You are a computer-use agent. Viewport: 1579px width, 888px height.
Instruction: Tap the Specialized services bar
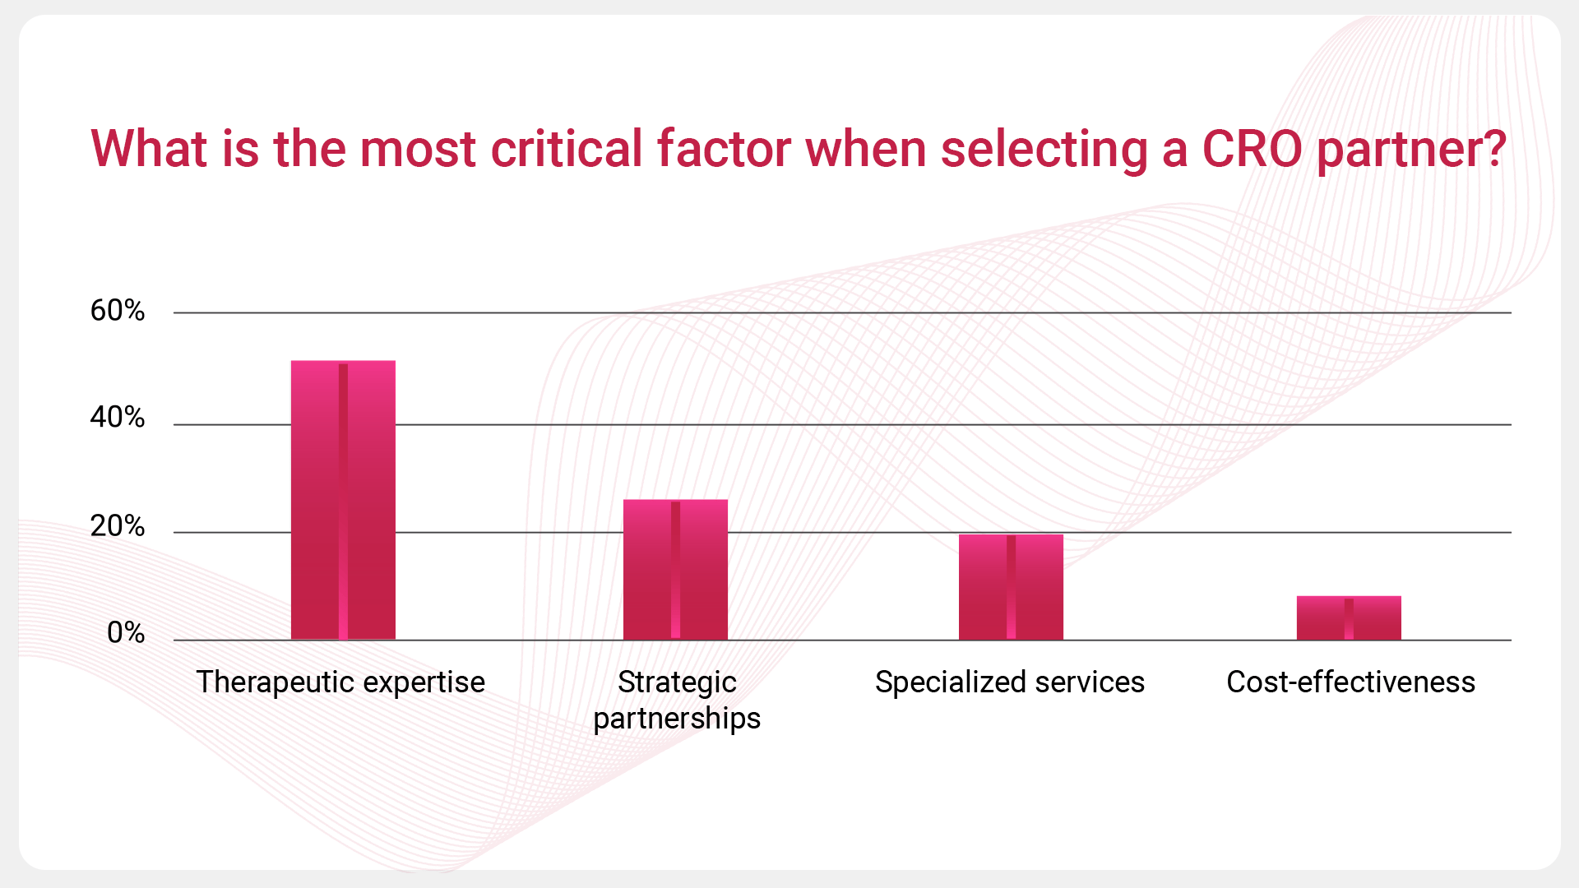pyautogui.click(x=1011, y=587)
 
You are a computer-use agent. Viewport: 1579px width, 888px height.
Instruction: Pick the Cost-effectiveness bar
pyautogui.click(x=1349, y=617)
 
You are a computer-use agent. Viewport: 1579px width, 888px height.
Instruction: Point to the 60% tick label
pyautogui.click(x=118, y=311)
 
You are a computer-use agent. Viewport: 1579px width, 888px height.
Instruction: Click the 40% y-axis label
pyautogui.click(x=118, y=418)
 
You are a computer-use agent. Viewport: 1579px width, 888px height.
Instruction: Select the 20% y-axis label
pyautogui.click(x=118, y=526)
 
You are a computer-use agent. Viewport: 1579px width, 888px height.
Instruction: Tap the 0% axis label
pyautogui.click(x=126, y=633)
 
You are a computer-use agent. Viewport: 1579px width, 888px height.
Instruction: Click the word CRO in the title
pyautogui.click(x=1252, y=150)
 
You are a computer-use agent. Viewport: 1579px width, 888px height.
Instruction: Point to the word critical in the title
pyautogui.click(x=567, y=150)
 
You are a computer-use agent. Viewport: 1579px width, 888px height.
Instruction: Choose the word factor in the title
pyautogui.click(x=724, y=150)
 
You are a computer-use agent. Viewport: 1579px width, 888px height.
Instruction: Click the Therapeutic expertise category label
pyautogui.click(x=340, y=682)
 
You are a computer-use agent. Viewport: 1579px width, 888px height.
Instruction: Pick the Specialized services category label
pyautogui.click(x=1010, y=682)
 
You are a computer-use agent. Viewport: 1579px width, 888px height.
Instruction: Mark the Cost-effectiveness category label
pyautogui.click(x=1350, y=682)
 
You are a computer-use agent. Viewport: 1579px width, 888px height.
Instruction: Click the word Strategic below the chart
pyautogui.click(x=677, y=682)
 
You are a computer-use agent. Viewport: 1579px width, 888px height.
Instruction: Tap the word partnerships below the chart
pyautogui.click(x=677, y=719)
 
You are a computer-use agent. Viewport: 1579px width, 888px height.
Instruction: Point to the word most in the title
pyautogui.click(x=418, y=150)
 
